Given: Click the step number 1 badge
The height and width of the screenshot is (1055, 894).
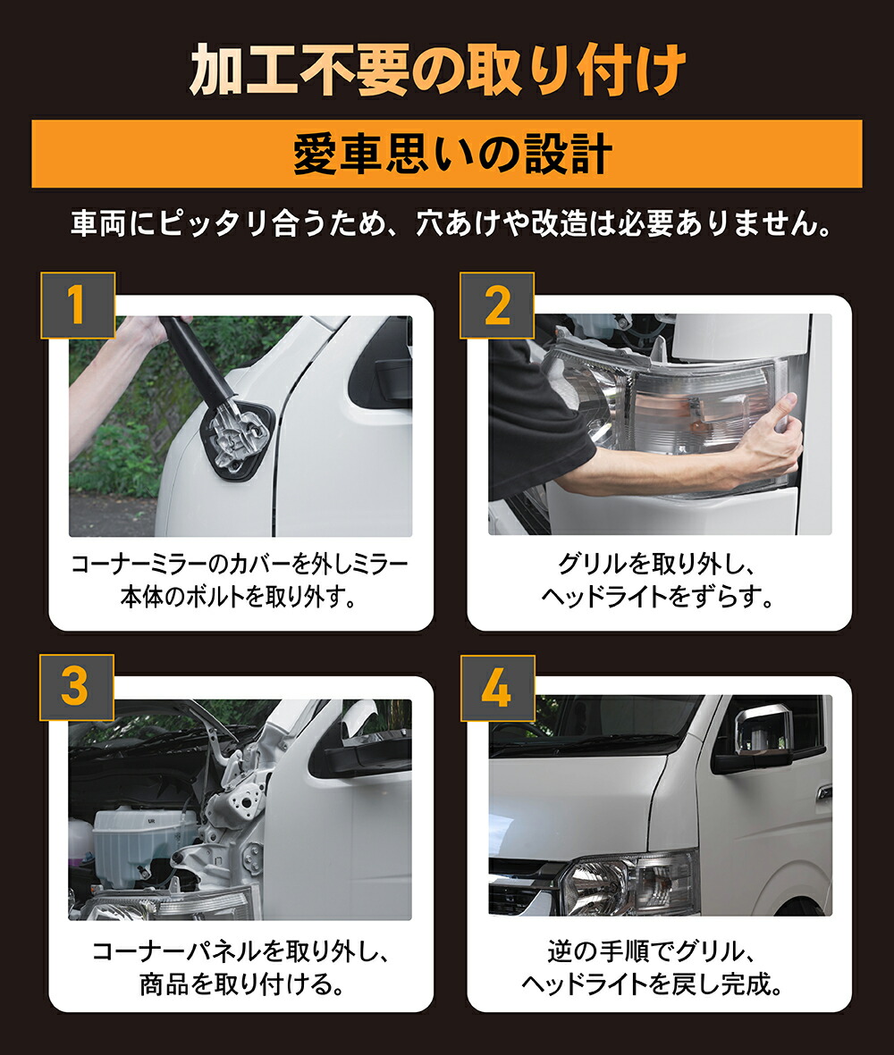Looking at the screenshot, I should point(77,306).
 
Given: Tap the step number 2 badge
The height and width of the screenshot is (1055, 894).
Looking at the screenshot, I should point(497,306).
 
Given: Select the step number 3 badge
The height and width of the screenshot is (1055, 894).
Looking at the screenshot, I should point(77,687).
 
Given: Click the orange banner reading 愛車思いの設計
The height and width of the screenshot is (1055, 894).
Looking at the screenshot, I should point(447,155).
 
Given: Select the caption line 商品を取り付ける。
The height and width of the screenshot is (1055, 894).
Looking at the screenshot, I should point(241,984).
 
